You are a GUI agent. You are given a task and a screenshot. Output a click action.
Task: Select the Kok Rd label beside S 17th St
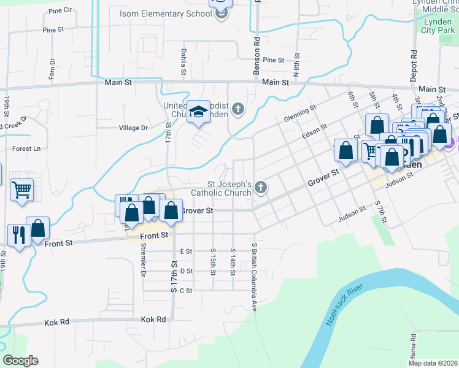pyautogui.click(x=153, y=320)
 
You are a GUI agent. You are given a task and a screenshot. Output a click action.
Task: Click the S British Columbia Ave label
pyautogui.click(x=254, y=276)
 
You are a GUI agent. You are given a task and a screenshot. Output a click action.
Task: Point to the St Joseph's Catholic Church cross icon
pyautogui.click(x=261, y=188)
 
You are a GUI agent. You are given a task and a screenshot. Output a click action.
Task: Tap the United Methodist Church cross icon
pyautogui.click(x=238, y=110)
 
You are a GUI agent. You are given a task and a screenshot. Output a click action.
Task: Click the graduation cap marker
pyautogui.click(x=198, y=112)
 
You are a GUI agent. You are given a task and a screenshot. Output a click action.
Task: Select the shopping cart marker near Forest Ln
pyautogui.click(x=21, y=190)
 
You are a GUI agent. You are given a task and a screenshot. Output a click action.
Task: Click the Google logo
pyautogui.click(x=20, y=360)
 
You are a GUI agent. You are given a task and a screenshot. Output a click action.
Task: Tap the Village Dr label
pyautogui.click(x=134, y=128)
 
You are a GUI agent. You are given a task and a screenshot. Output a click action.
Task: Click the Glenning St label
pyautogui.click(x=300, y=114)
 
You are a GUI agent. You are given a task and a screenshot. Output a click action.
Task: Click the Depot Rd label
pyautogui.click(x=414, y=61)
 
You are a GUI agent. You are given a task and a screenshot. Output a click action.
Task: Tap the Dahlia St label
pyautogui.click(x=183, y=62)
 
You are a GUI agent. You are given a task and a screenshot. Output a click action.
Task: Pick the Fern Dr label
pyautogui.click(x=52, y=69)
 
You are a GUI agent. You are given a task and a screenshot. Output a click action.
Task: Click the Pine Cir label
pyautogui.click(x=60, y=10)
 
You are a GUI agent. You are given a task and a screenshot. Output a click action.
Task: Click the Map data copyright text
pyautogui.click(x=432, y=363)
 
